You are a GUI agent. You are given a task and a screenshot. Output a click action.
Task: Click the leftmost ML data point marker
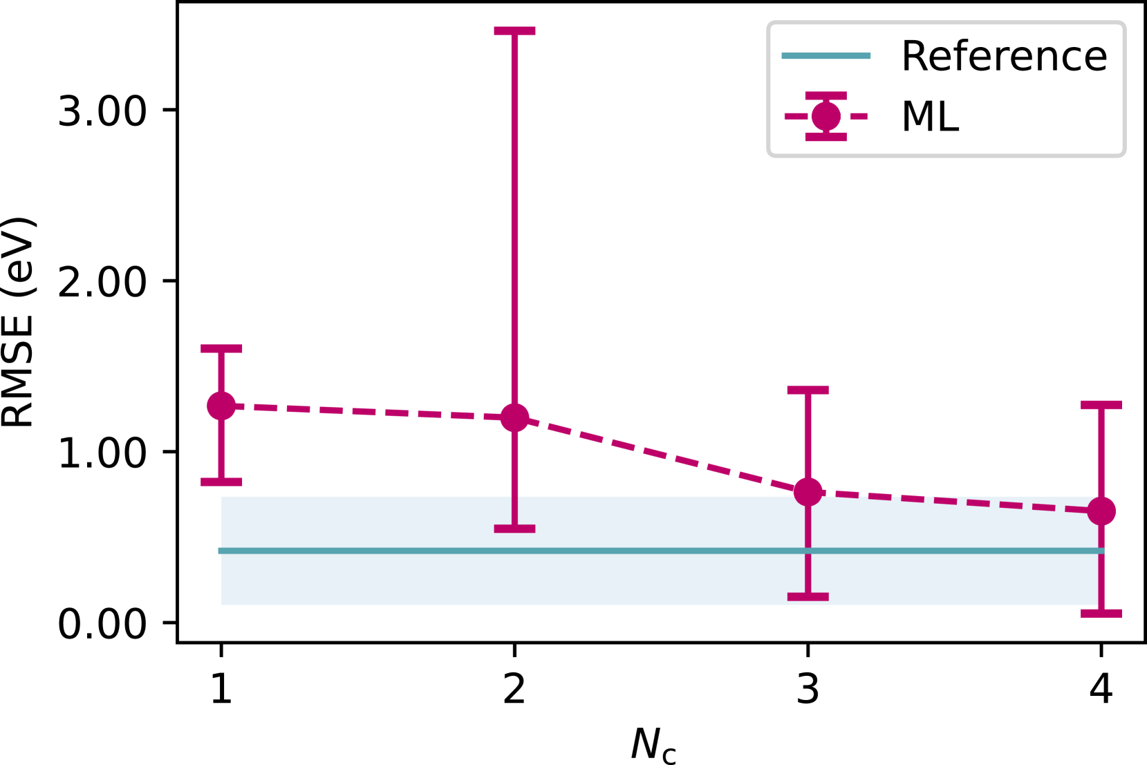point(221,406)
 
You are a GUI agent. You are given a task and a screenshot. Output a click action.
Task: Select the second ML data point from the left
point(514,417)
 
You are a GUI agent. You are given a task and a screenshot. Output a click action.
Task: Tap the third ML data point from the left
point(808,492)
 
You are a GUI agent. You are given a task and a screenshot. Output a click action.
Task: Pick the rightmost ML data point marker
point(1101,511)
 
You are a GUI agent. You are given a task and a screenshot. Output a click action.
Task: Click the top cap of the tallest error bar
point(514,31)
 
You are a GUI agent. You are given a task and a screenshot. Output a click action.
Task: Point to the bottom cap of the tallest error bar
point(514,529)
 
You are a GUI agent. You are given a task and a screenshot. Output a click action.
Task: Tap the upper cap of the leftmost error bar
point(221,348)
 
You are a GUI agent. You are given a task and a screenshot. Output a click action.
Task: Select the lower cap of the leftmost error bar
point(221,482)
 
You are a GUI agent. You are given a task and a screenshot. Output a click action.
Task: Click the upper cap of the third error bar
point(808,390)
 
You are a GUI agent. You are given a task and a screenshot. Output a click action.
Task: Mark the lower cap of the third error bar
point(808,596)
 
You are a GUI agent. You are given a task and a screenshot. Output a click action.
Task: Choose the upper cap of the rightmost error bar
point(1101,405)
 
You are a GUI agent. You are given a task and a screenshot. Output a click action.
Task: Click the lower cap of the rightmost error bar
point(1101,613)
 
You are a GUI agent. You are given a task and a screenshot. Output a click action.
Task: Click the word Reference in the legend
point(1004,56)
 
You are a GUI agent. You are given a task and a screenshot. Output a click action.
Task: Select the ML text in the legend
point(930,116)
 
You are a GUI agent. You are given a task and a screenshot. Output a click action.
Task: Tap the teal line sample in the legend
point(826,56)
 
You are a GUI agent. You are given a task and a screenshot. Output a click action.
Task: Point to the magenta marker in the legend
point(826,116)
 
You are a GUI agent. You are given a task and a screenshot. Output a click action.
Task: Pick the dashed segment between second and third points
point(661,455)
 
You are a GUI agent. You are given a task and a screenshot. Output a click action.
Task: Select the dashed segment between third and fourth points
point(954,502)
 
